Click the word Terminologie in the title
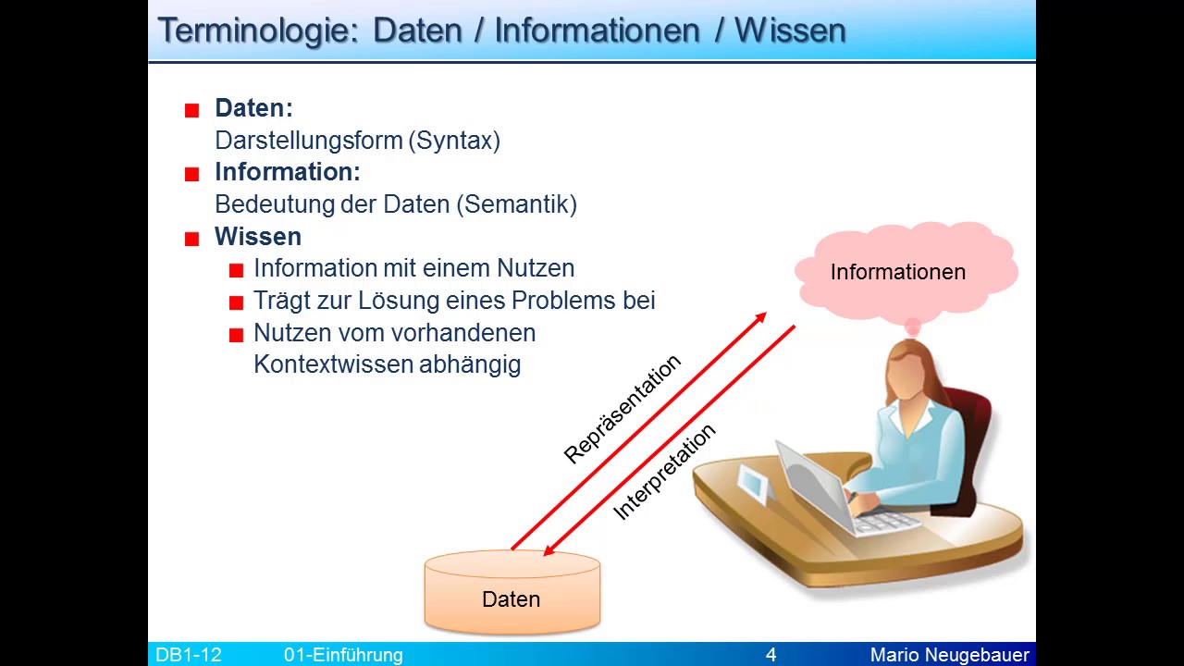pos(257,31)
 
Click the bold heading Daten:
pos(253,108)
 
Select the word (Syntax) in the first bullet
pos(457,141)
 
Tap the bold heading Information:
pos(287,172)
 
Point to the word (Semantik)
pos(517,204)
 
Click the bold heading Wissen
pos(258,237)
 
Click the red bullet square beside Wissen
pos(192,239)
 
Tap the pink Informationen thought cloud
pos(897,272)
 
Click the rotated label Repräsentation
pos(622,408)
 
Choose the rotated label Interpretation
pos(664,471)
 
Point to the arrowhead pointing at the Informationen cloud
pos(760,318)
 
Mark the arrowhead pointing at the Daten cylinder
pos(549,550)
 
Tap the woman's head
pos(911,370)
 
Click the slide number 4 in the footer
pos(771,655)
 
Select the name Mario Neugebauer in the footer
pos(949,655)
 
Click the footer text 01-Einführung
pos(343,655)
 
